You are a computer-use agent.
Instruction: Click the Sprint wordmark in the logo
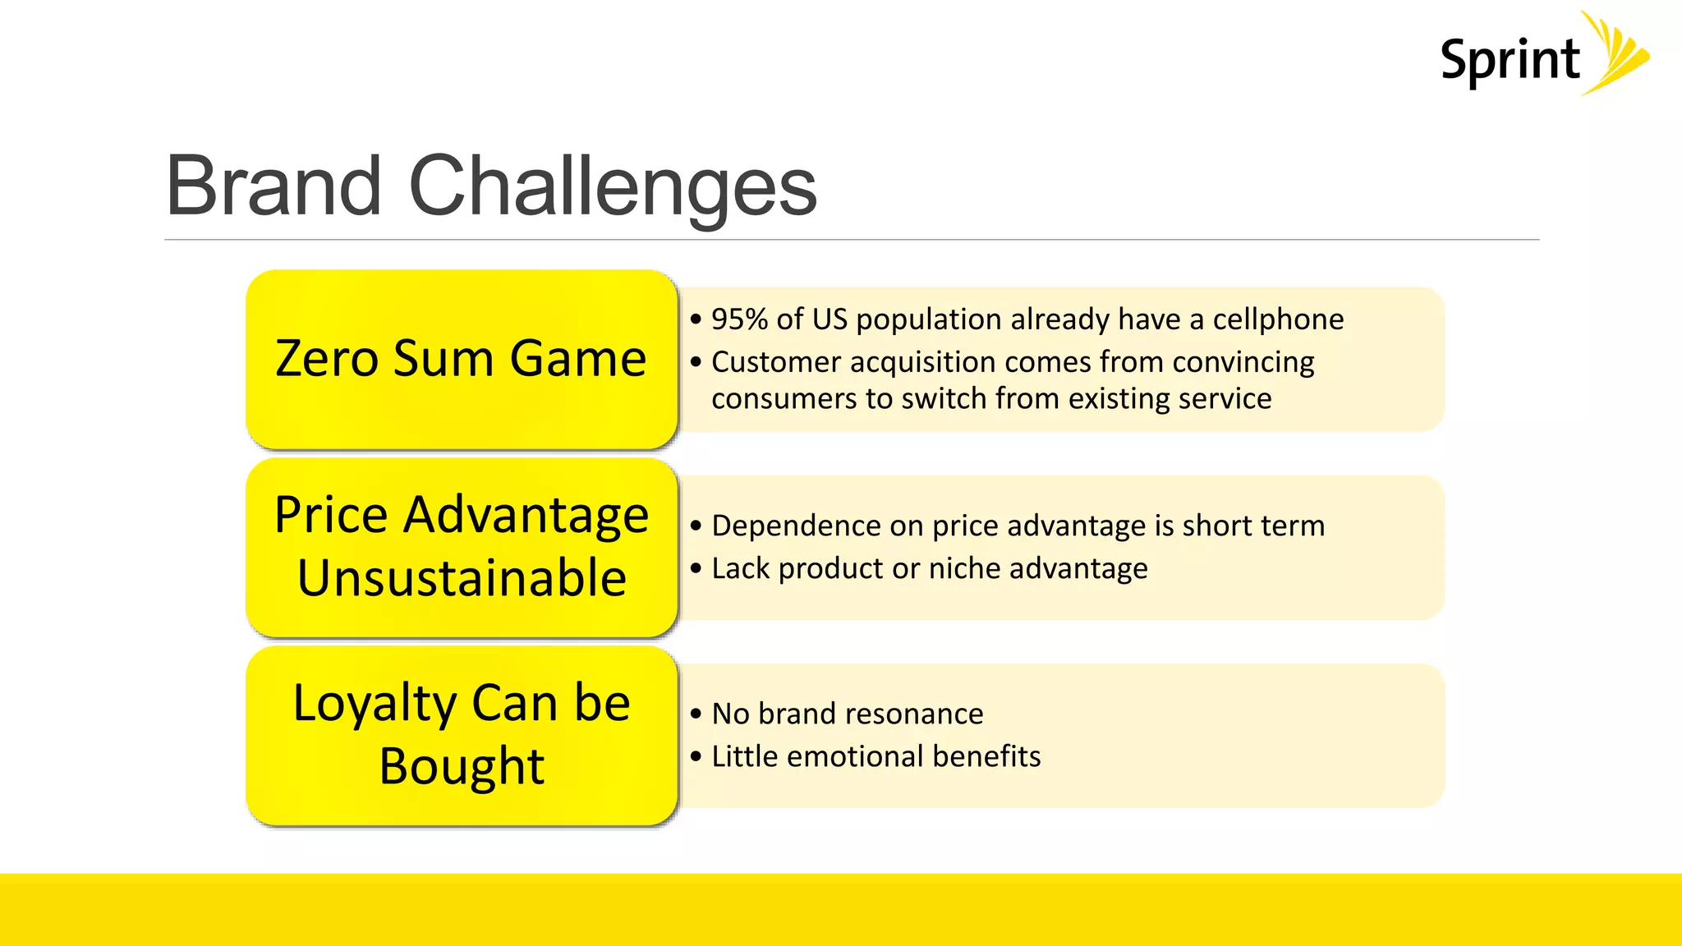point(1510,61)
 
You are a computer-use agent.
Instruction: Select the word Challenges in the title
point(612,187)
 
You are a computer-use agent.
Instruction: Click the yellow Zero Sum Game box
point(462,359)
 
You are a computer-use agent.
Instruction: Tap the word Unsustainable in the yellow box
point(462,577)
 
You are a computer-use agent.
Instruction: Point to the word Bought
point(462,765)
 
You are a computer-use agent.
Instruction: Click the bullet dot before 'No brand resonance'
point(696,714)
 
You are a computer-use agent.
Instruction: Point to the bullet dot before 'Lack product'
point(696,568)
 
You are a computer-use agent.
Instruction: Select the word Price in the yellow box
point(330,515)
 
